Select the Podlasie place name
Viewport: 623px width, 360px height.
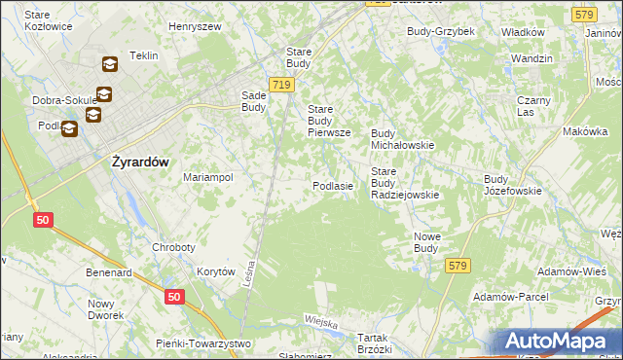coord(332,185)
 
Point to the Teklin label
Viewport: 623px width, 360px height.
coord(143,55)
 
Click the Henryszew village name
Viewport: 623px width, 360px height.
coord(197,26)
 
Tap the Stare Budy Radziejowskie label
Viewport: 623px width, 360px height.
coord(405,183)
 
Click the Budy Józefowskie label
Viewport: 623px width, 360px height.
coord(512,185)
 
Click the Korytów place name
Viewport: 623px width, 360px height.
coord(216,272)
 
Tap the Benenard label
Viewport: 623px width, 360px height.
coord(108,273)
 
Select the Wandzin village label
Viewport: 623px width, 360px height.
coord(531,58)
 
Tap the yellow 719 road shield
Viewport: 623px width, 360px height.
coord(282,86)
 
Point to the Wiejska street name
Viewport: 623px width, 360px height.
coord(320,322)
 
